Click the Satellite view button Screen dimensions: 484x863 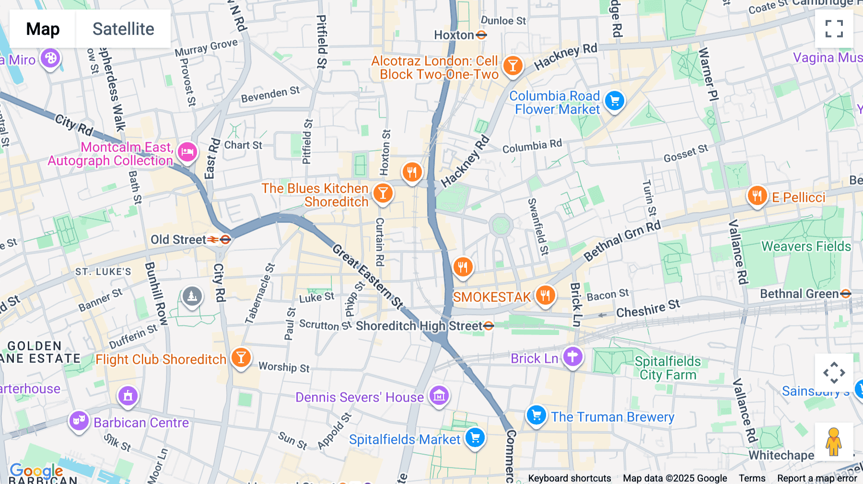pyautogui.click(x=123, y=29)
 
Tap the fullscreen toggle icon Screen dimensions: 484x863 pyautogui.click(x=834, y=29)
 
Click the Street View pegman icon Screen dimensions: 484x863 pyautogui.click(x=834, y=442)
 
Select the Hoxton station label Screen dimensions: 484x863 pyautogui.click(x=454, y=35)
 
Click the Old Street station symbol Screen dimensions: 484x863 pyautogui.click(x=225, y=239)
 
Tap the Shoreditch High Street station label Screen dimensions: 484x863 pyautogui.click(x=419, y=326)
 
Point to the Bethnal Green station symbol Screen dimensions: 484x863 pyautogui.click(x=846, y=294)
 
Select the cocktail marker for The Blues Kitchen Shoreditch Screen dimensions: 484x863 pyautogui.click(x=383, y=193)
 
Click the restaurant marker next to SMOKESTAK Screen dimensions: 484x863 pyautogui.click(x=545, y=295)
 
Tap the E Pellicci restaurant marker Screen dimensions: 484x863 pyautogui.click(x=757, y=196)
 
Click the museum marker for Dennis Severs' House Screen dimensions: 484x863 pyautogui.click(x=439, y=396)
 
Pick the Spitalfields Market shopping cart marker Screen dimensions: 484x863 pyautogui.click(x=475, y=438)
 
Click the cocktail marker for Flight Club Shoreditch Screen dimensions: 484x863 pyautogui.click(x=241, y=357)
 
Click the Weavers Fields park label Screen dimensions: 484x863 pyautogui.click(x=806, y=246)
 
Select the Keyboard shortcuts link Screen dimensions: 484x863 pyautogui.click(x=569, y=478)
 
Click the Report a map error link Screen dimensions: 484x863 pyautogui.click(x=817, y=478)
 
